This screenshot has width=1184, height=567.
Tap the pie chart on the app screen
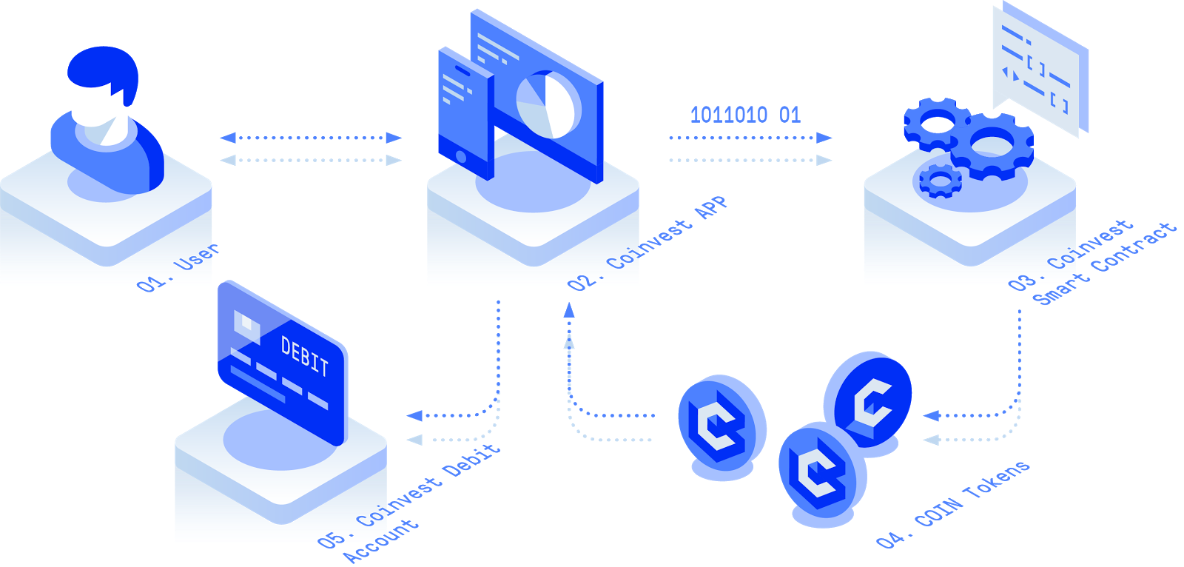[x=548, y=104]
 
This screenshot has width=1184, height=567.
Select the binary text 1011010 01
[x=745, y=115]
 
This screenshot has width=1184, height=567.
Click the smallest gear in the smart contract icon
[x=940, y=180]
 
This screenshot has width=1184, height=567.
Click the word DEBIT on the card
[x=304, y=355]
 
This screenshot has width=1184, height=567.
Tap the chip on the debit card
[x=246, y=325]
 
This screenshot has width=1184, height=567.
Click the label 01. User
[x=178, y=267]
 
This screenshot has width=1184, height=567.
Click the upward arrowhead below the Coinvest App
[x=569, y=311]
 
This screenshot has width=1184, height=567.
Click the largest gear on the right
[x=992, y=145]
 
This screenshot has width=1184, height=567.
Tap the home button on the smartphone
[x=461, y=157]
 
